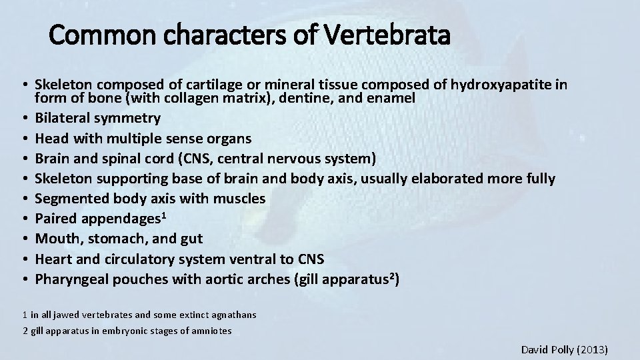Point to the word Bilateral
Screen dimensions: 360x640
coord(64,119)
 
